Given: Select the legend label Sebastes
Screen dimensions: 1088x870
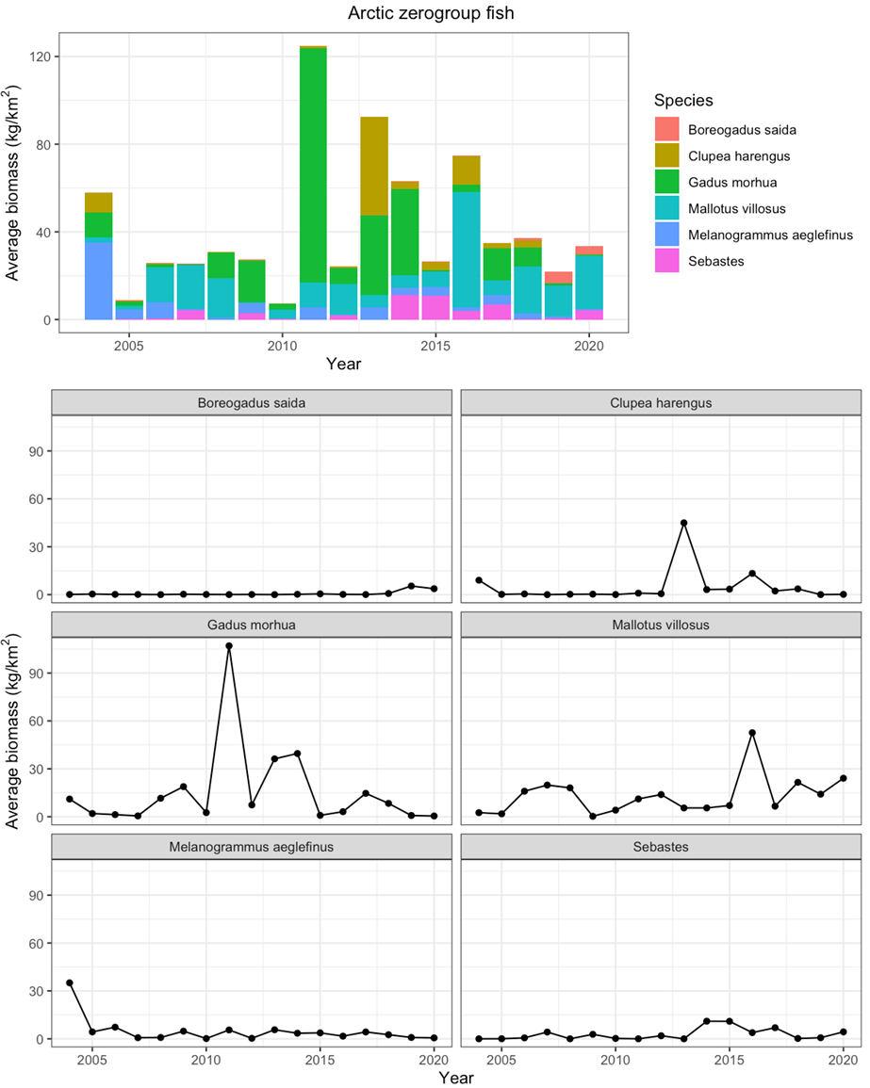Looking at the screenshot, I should [x=717, y=261].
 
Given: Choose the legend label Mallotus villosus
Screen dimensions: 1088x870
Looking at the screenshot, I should [x=737, y=208].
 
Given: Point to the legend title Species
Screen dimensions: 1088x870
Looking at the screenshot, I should [x=683, y=100].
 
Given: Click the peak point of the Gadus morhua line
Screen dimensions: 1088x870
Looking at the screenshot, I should [x=229, y=646].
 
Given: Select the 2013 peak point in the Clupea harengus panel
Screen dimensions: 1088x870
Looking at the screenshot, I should [x=684, y=523].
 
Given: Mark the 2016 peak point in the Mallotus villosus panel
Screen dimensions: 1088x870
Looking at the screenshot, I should [x=752, y=733].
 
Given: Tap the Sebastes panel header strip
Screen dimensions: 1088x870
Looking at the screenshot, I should [x=660, y=847].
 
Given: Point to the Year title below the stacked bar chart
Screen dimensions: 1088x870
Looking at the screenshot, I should [x=343, y=363].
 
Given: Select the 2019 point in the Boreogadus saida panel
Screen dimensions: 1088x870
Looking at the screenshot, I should [x=411, y=586].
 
